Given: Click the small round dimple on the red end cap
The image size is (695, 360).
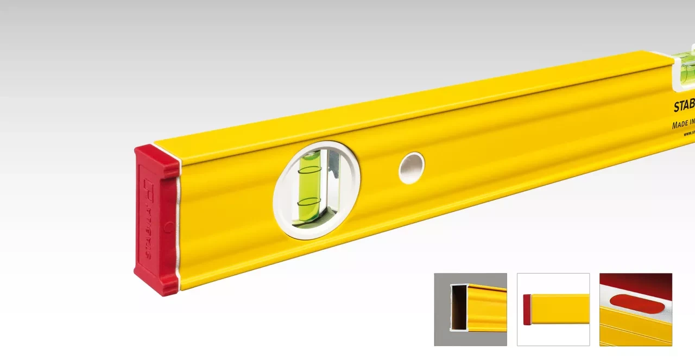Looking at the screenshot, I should point(169,226).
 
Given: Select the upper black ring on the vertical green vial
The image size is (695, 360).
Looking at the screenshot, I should point(309,170).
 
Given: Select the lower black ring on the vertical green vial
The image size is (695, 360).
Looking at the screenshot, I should point(309,202).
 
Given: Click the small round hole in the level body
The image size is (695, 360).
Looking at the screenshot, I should point(411,168).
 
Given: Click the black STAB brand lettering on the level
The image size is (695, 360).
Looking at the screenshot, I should point(684,106).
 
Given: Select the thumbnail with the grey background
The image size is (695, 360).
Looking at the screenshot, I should point(470,309).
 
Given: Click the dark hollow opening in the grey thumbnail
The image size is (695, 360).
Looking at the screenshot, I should point(459,307).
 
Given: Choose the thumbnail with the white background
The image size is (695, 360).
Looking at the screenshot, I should point(553,309).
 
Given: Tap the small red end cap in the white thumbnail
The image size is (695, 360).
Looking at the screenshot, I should point(527,310).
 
